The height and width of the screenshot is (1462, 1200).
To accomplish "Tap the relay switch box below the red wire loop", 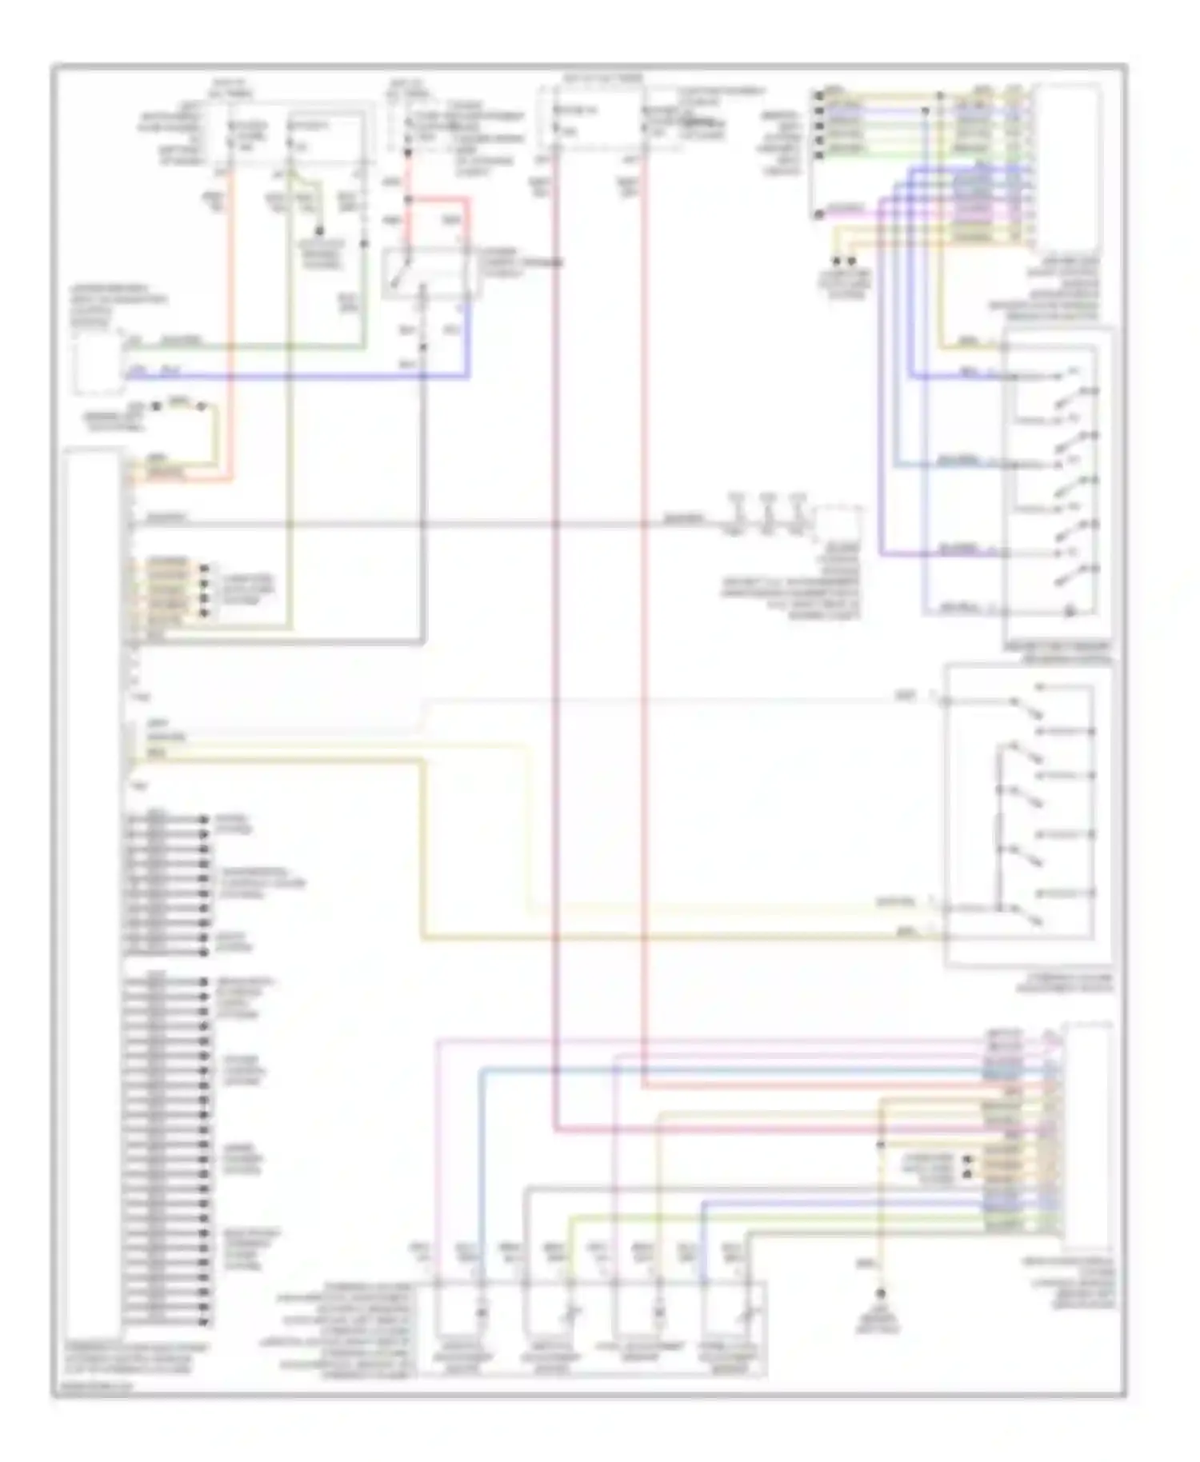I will (x=425, y=273).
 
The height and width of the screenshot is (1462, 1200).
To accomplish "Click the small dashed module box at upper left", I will (x=97, y=363).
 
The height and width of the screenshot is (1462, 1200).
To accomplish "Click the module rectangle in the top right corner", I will (x=1067, y=168).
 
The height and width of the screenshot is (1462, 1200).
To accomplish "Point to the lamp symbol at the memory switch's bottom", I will (x=1069, y=613).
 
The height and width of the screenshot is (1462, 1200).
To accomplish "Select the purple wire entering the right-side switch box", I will (x=936, y=553).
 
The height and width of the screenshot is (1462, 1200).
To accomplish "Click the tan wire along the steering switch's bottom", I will (x=680, y=937).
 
